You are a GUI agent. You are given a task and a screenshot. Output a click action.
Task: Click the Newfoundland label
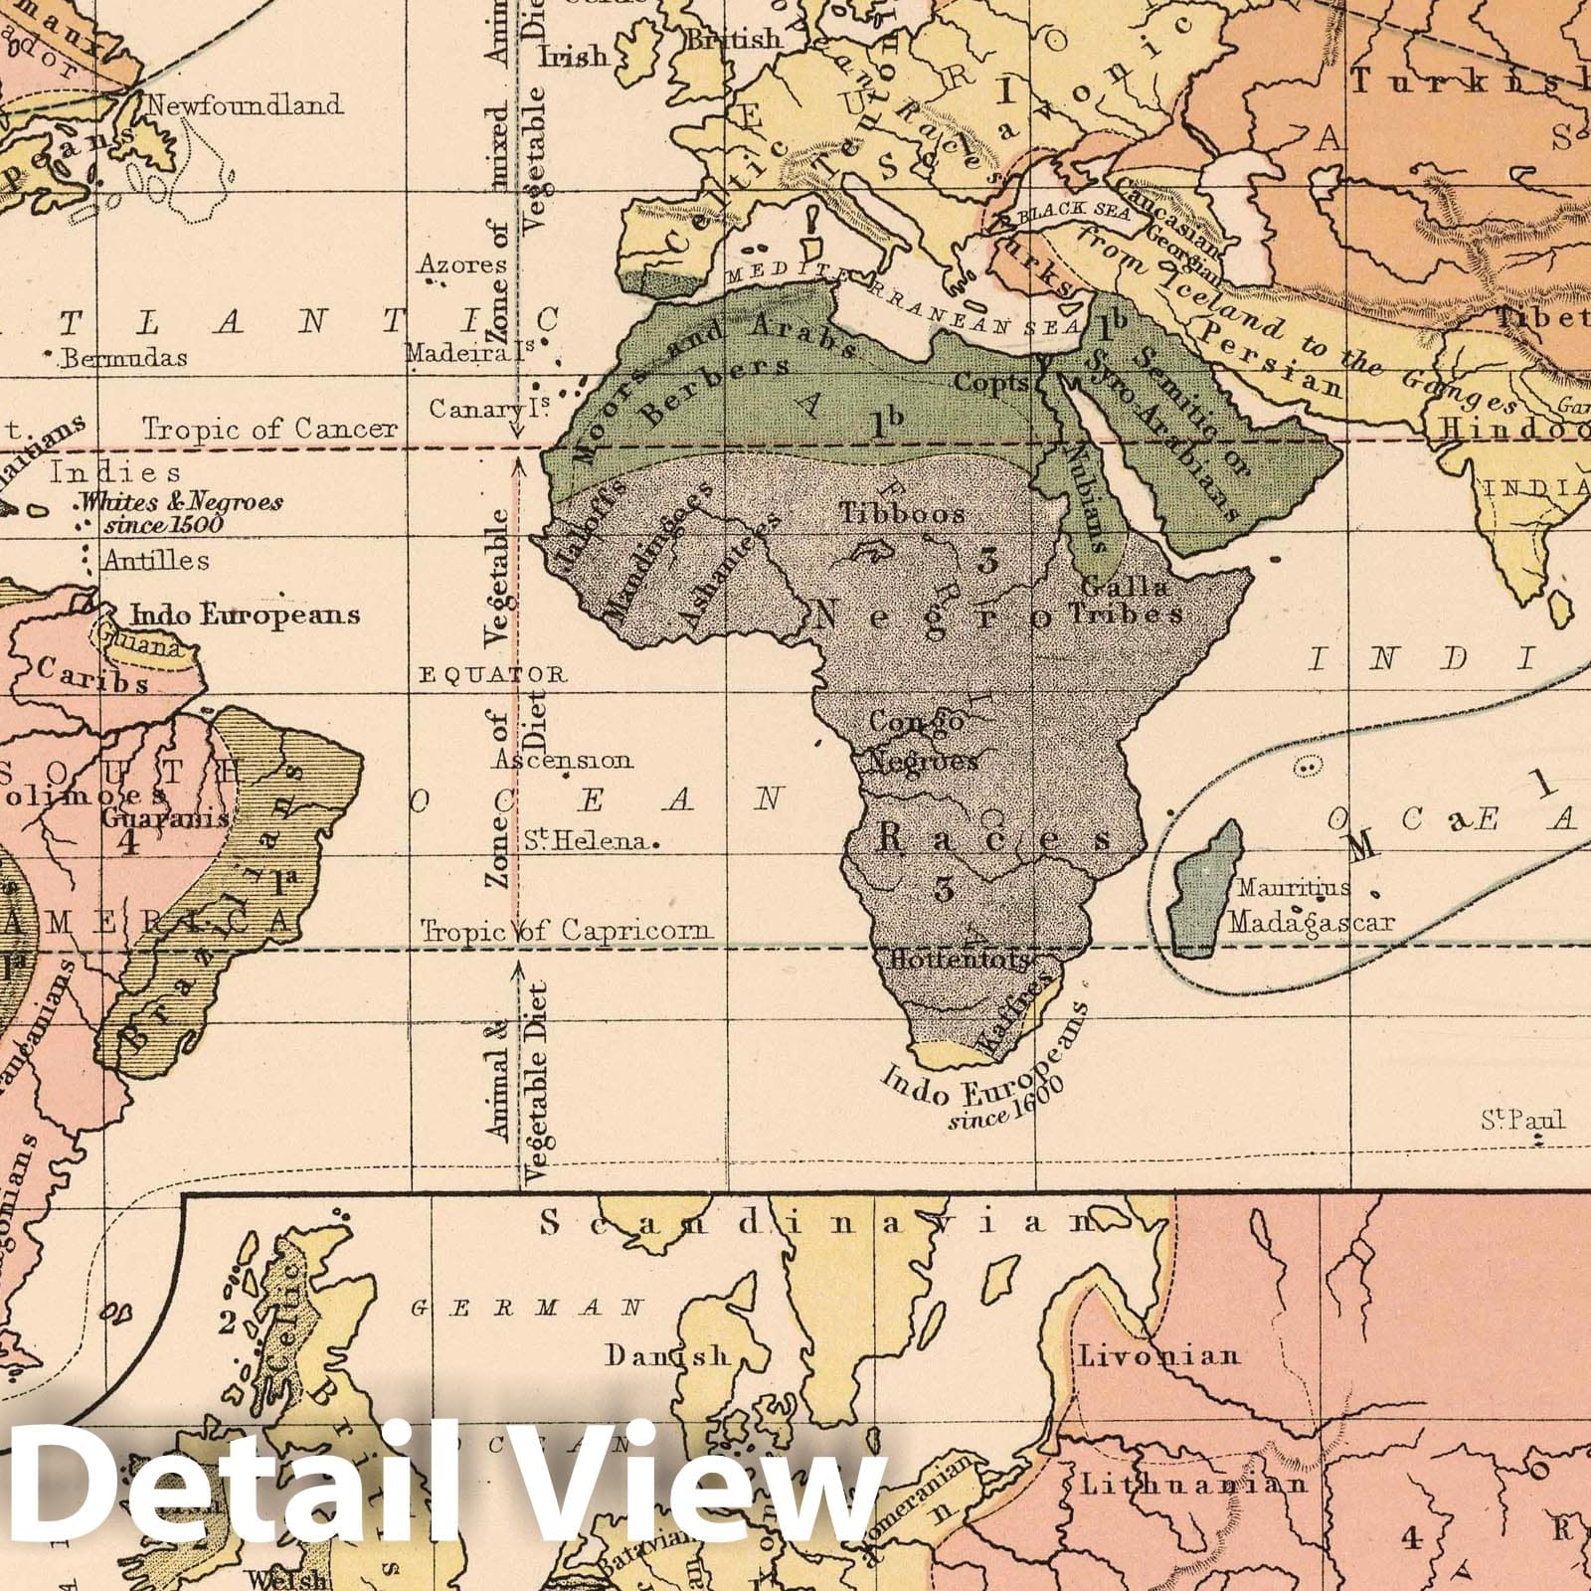245,104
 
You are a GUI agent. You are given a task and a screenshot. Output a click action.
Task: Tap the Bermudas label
123,357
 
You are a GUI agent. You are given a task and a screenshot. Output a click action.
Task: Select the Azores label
462,265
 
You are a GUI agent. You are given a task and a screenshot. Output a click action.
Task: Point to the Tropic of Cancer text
268,430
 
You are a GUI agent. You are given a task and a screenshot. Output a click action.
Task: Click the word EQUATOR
493,675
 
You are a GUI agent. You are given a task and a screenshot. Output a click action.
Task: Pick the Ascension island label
563,761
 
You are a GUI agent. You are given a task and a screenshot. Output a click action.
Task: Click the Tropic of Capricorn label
567,931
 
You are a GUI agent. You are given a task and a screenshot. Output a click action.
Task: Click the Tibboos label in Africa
903,514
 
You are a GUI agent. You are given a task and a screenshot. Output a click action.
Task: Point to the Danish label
668,1355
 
